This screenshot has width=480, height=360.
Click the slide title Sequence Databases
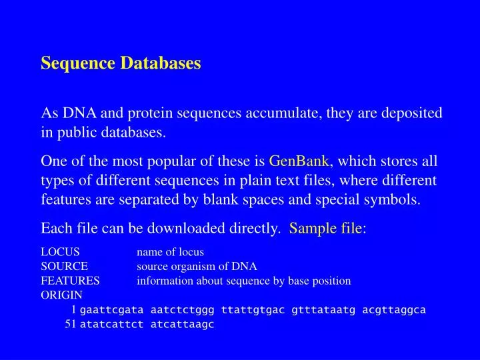121,63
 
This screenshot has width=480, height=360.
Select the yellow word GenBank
299,161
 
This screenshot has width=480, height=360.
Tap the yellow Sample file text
325,229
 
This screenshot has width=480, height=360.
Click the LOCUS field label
61,252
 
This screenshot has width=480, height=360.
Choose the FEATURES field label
70,281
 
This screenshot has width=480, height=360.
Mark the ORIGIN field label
62,295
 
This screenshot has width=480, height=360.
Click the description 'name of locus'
170,252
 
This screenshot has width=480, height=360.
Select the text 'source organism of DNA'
197,266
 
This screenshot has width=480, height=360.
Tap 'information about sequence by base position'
243,281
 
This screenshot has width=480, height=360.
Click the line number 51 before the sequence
70,324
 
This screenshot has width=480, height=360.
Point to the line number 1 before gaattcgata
74,310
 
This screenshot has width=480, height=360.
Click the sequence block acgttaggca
394,310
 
